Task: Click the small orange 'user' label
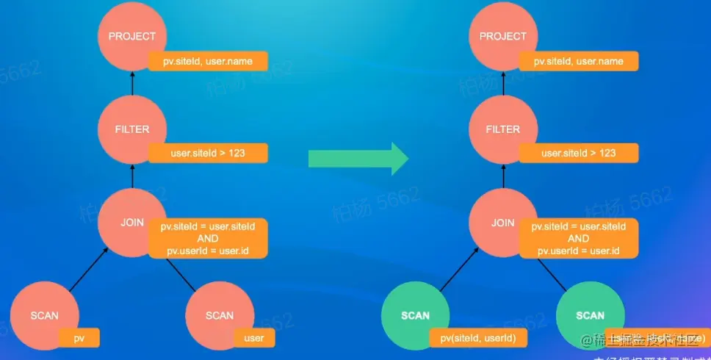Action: point(254,338)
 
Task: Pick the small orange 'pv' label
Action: point(79,338)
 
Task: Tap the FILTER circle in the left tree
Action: point(132,129)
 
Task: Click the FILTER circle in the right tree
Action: point(502,129)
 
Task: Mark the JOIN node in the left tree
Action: point(132,223)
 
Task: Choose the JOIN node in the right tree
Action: point(502,223)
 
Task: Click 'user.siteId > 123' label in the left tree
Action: point(208,153)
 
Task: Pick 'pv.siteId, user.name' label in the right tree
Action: point(578,61)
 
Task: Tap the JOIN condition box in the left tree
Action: point(208,238)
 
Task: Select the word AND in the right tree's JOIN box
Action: point(578,239)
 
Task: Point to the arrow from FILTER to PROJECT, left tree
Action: point(132,83)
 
